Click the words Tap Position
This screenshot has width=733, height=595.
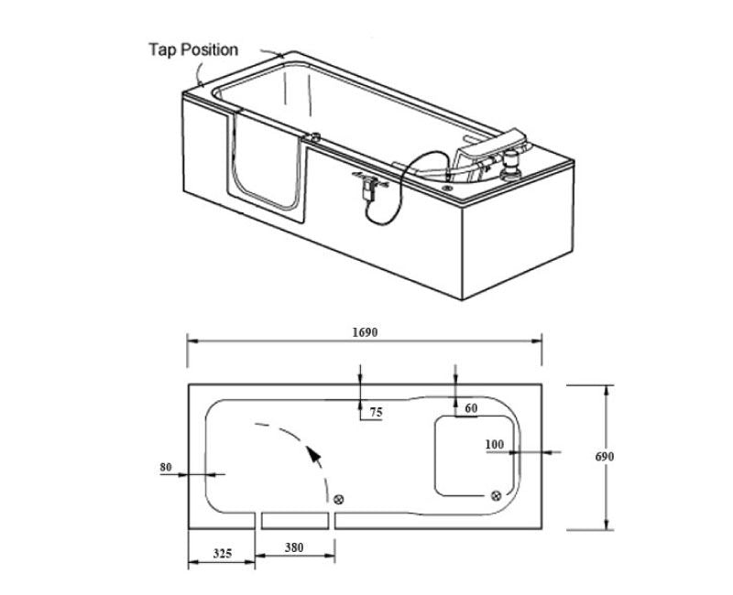[193, 49]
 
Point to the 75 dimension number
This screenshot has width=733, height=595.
[376, 413]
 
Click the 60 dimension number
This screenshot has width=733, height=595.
[470, 408]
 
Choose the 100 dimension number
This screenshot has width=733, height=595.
[495, 445]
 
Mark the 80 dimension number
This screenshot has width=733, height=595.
[166, 468]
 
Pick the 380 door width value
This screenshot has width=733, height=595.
[293, 547]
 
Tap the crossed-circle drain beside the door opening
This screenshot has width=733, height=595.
[339, 499]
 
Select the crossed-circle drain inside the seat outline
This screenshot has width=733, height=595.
[496, 494]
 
